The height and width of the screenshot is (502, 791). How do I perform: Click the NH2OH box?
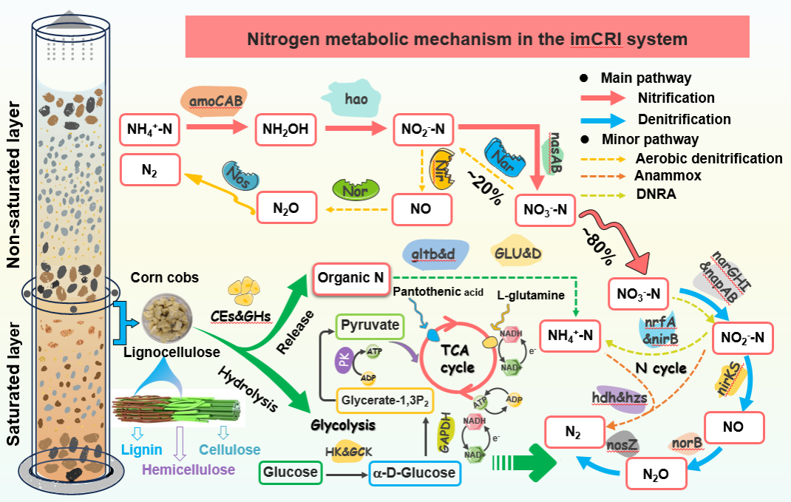click(285, 131)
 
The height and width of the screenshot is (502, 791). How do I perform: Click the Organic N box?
click(351, 279)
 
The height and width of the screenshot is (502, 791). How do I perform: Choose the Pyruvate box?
click(370, 325)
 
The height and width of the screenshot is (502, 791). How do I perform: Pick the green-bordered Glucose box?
click(290, 472)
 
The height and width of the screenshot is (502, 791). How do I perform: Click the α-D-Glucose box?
click(415, 472)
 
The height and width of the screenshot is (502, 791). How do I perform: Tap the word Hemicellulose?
click(189, 469)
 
